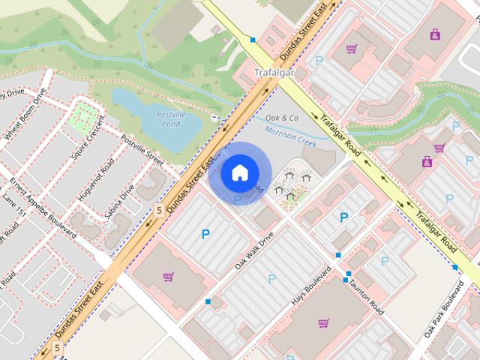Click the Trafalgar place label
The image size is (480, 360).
272,73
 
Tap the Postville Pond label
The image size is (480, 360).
171,118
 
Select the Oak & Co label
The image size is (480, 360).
282,118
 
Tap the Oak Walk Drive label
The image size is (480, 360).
254,250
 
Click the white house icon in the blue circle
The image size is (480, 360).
238,173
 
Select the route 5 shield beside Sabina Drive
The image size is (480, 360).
158,211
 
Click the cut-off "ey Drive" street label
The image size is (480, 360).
12,94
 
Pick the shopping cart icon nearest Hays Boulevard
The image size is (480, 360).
323,323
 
